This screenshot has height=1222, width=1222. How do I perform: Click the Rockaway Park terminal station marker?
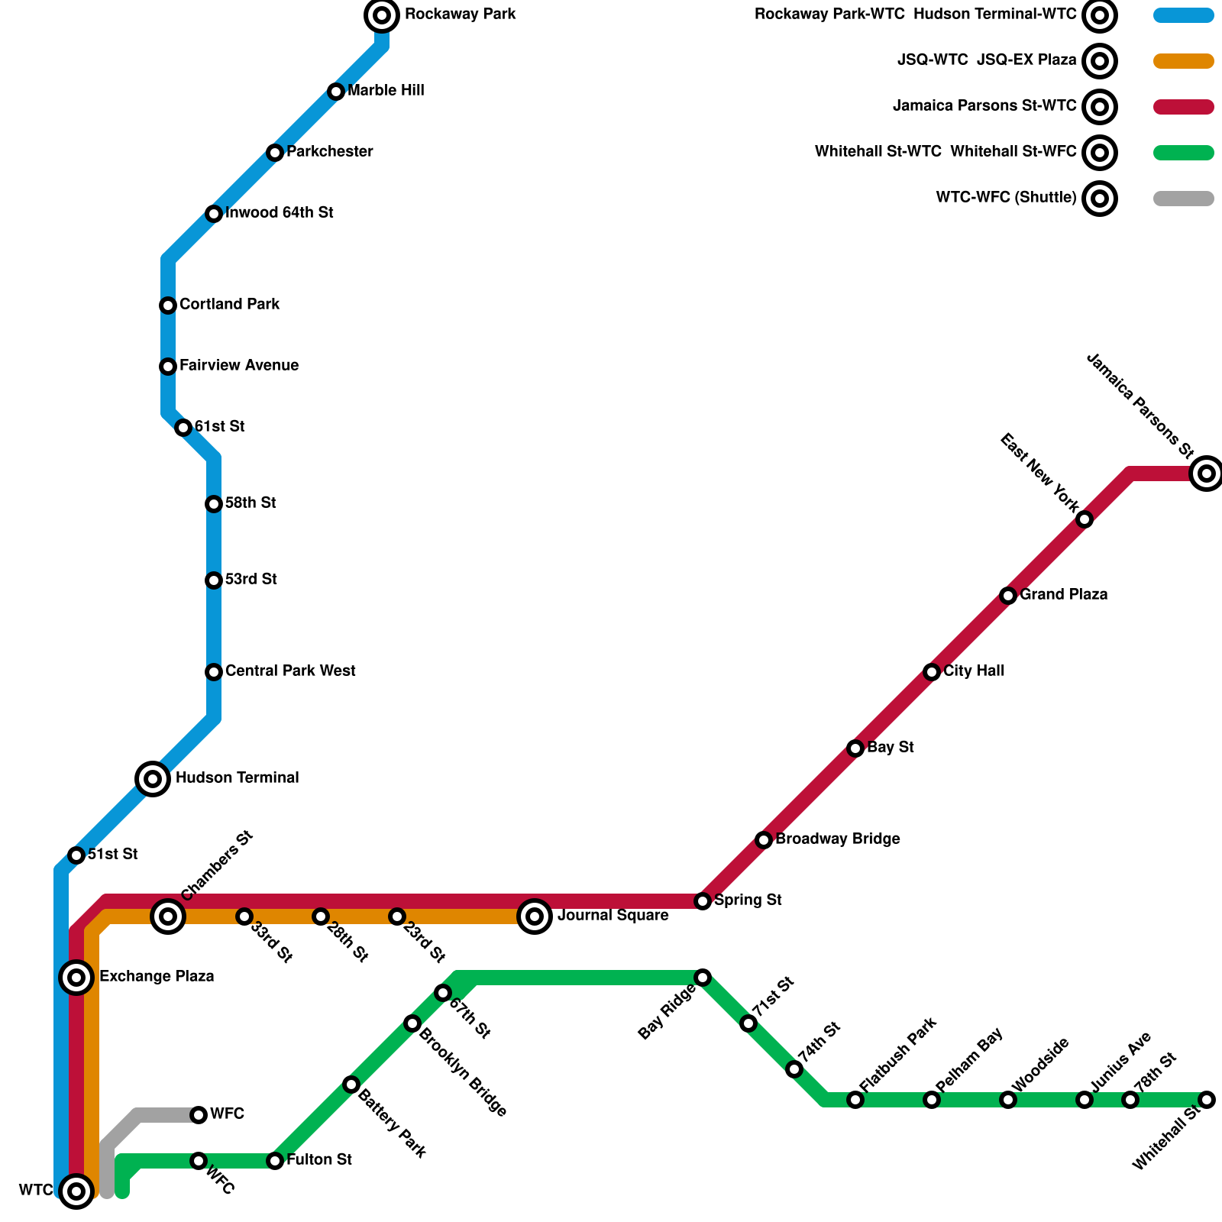[382, 15]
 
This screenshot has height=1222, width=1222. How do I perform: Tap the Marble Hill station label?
[386, 91]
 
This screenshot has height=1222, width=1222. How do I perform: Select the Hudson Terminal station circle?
[153, 778]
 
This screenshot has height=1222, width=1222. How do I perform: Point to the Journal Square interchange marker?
[535, 916]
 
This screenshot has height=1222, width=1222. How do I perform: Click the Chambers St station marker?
[168, 916]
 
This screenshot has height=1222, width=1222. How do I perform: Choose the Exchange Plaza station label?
[157, 977]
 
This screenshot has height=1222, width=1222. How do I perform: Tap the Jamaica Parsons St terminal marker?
[1206, 473]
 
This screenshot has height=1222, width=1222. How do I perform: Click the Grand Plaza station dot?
[1008, 596]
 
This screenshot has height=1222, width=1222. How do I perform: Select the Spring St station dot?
[703, 901]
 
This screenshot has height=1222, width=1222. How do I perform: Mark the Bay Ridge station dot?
[703, 978]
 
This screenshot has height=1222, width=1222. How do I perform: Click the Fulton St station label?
[319, 1160]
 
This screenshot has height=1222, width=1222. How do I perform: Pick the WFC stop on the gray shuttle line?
[199, 1115]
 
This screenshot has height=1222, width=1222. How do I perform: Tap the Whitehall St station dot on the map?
[1206, 1100]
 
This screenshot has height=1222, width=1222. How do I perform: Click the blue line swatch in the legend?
[1183, 15]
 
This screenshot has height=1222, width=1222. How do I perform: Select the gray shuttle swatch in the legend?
[1183, 199]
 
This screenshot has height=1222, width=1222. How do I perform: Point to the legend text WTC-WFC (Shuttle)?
[1006, 199]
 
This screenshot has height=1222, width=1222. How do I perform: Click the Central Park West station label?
[290, 671]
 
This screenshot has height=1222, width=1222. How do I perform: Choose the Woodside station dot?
[1008, 1100]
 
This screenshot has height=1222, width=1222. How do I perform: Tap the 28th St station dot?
[321, 916]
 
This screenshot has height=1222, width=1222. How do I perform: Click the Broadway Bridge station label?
[838, 839]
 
